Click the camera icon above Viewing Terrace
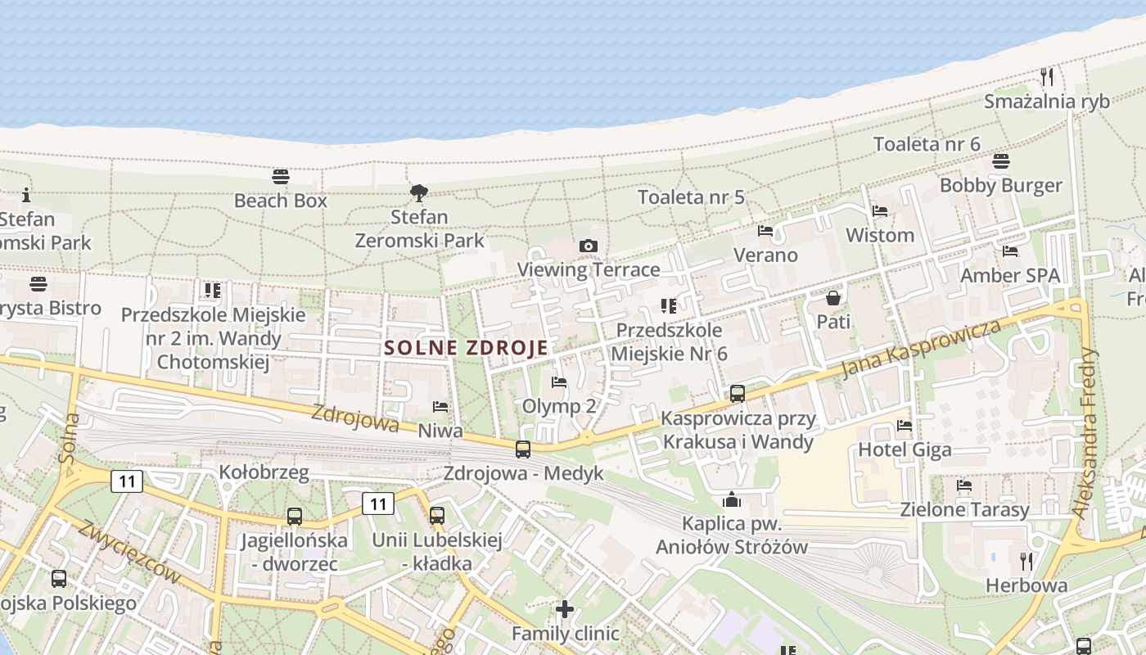click(x=588, y=246)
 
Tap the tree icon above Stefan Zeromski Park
click(x=419, y=193)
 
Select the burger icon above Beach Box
click(x=281, y=176)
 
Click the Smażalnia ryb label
click(x=1046, y=101)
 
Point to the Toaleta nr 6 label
click(x=927, y=144)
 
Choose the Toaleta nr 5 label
click(x=691, y=196)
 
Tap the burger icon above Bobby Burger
click(x=1000, y=160)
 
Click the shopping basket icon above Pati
click(x=833, y=297)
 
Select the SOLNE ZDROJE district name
click(x=466, y=347)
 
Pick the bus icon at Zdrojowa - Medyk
click(x=523, y=449)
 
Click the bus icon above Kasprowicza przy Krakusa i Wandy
click(x=738, y=394)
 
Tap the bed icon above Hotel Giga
click(x=905, y=425)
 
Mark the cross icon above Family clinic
click(x=565, y=609)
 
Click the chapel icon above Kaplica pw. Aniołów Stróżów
click(x=732, y=499)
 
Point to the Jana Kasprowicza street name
click(x=921, y=350)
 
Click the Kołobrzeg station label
click(x=264, y=472)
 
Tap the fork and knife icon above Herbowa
click(x=1026, y=561)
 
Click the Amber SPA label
click(x=1009, y=275)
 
